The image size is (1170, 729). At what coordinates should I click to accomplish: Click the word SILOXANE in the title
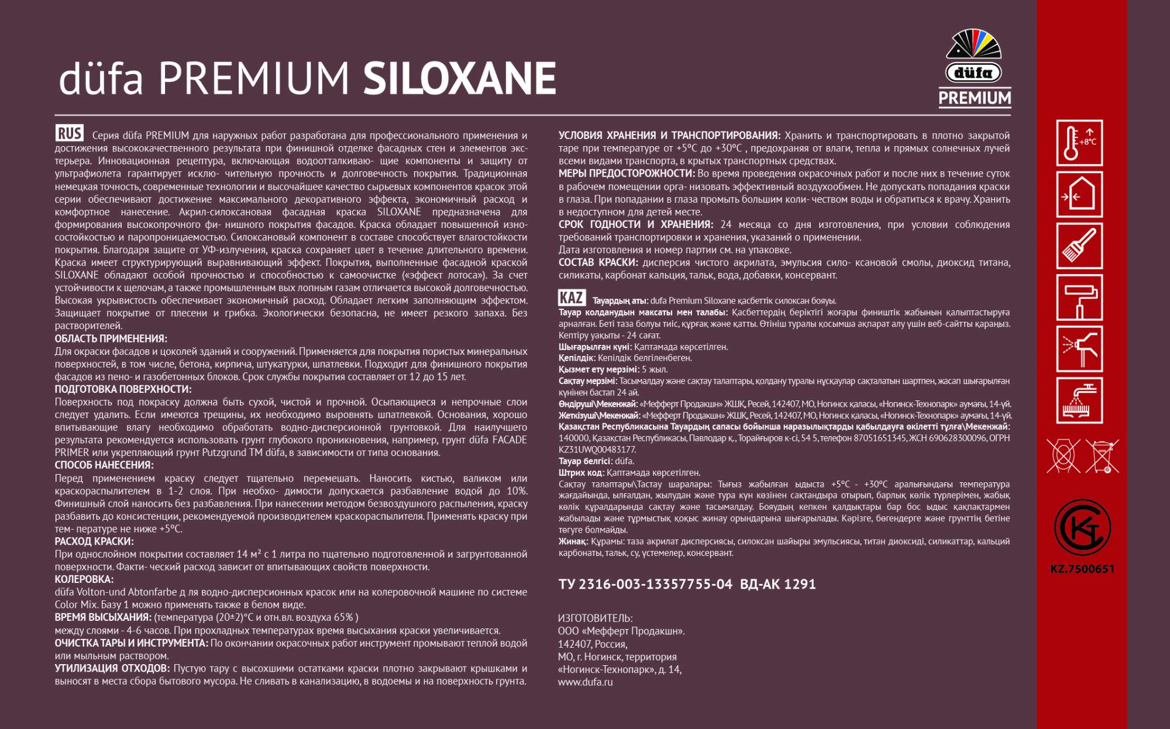tap(459, 79)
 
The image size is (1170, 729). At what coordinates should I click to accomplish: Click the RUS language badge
tap(69, 133)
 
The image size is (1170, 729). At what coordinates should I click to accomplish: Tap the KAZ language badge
tap(571, 298)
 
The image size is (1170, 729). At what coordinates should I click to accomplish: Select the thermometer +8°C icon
tap(1079, 143)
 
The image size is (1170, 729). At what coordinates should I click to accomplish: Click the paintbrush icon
tap(1079, 246)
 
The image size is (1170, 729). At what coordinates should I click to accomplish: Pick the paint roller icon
tap(1079, 298)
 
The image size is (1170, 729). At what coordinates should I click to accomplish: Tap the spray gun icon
tap(1079, 349)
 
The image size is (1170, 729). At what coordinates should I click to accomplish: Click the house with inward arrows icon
tap(1079, 195)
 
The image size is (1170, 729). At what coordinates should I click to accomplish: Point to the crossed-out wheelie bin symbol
tap(1102, 457)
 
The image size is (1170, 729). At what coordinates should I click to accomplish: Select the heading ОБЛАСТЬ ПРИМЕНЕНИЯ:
tap(111, 339)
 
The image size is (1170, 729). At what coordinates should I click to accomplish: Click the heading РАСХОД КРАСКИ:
tap(94, 542)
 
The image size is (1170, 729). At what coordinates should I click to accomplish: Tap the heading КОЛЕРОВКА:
tap(84, 579)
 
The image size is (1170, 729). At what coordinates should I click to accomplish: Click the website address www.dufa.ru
tap(585, 682)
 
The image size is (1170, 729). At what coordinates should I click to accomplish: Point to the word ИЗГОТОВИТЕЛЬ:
tap(595, 619)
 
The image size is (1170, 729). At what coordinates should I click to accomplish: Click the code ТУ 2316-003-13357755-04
tap(645, 585)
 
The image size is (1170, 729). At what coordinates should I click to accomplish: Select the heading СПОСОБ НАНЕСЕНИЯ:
tap(104, 465)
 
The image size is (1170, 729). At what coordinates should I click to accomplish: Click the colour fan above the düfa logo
tap(974, 44)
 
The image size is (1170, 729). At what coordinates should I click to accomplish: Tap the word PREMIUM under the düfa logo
tap(975, 98)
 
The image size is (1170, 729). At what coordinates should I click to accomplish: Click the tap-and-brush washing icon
tap(1079, 400)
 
